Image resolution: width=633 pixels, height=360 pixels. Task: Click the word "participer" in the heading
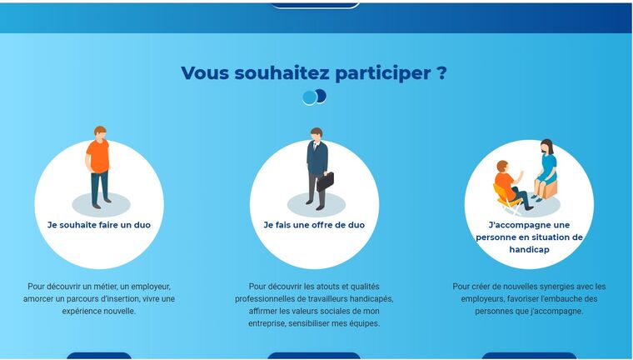[382, 73]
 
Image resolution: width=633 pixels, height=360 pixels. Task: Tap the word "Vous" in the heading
[206, 73]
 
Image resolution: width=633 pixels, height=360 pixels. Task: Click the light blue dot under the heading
[310, 97]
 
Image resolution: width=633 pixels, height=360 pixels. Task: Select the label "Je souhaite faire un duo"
[99, 225]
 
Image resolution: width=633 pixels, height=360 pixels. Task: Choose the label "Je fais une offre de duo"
[314, 225]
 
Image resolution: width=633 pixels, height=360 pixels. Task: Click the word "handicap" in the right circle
[529, 250]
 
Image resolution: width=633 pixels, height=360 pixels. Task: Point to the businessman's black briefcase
[325, 182]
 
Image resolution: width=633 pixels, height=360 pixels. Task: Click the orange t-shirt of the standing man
[98, 156]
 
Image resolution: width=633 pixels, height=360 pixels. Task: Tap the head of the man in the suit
[316, 134]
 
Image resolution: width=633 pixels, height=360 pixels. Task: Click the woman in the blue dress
[546, 170]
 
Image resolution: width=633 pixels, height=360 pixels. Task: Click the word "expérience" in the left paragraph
[79, 312]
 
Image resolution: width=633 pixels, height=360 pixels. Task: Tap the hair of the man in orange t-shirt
[100, 130]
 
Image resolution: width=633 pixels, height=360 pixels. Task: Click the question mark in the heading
[441, 72]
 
